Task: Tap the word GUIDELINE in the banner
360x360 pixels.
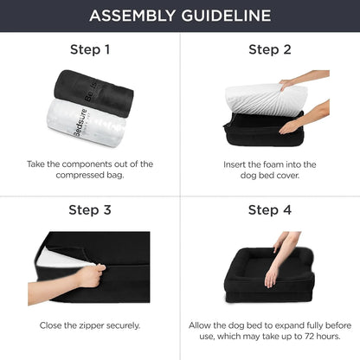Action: (227, 16)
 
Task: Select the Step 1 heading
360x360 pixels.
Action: (90, 49)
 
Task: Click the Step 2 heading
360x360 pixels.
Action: (270, 49)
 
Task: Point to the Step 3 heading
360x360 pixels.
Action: (90, 210)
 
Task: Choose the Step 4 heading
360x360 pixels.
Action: (270, 210)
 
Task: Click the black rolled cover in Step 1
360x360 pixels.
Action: (93, 93)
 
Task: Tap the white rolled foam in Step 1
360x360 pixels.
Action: (87, 124)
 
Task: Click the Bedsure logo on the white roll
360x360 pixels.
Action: (80, 123)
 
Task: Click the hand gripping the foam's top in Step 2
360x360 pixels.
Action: (287, 85)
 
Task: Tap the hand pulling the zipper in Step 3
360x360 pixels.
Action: (90, 276)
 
